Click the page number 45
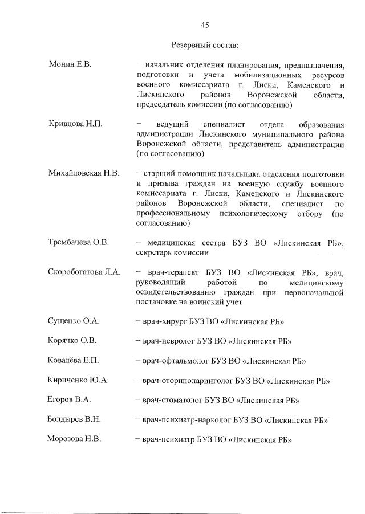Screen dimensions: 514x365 (205, 25)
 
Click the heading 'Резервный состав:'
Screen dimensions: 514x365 (205, 44)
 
